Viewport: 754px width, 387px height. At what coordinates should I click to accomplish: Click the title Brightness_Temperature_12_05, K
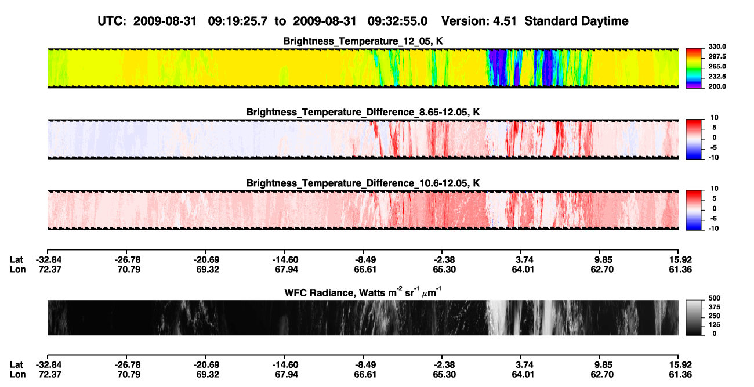[x=363, y=41]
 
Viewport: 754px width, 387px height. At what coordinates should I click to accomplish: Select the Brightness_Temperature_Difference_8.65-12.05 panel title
[x=363, y=112]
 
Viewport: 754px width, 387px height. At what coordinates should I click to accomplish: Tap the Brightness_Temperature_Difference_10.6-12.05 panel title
[x=363, y=183]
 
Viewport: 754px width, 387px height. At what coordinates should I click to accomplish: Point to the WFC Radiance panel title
[x=363, y=292]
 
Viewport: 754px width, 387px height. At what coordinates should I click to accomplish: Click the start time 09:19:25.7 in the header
[x=238, y=21]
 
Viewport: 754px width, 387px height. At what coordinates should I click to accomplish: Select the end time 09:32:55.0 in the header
[x=397, y=21]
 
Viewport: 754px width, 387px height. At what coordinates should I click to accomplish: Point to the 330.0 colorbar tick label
[x=717, y=46]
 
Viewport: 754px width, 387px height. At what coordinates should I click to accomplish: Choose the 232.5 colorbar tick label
[x=717, y=77]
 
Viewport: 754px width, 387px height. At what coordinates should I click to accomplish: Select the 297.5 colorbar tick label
[x=717, y=56]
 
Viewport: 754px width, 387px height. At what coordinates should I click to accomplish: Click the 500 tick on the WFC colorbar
[x=715, y=298]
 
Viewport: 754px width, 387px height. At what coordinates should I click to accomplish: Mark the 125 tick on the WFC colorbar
[x=715, y=325]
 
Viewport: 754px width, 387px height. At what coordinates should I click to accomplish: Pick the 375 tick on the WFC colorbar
[x=715, y=307]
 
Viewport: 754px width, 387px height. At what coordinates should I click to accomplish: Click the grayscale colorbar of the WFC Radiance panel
[x=694, y=317]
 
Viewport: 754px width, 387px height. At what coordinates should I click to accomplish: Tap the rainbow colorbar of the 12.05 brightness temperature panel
[x=694, y=68]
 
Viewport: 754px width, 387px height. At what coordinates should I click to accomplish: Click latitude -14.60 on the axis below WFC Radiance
[x=285, y=365]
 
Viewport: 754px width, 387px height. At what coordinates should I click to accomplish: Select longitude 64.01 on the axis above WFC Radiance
[x=523, y=269]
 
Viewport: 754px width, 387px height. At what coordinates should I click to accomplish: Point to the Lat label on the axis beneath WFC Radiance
[x=16, y=365]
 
